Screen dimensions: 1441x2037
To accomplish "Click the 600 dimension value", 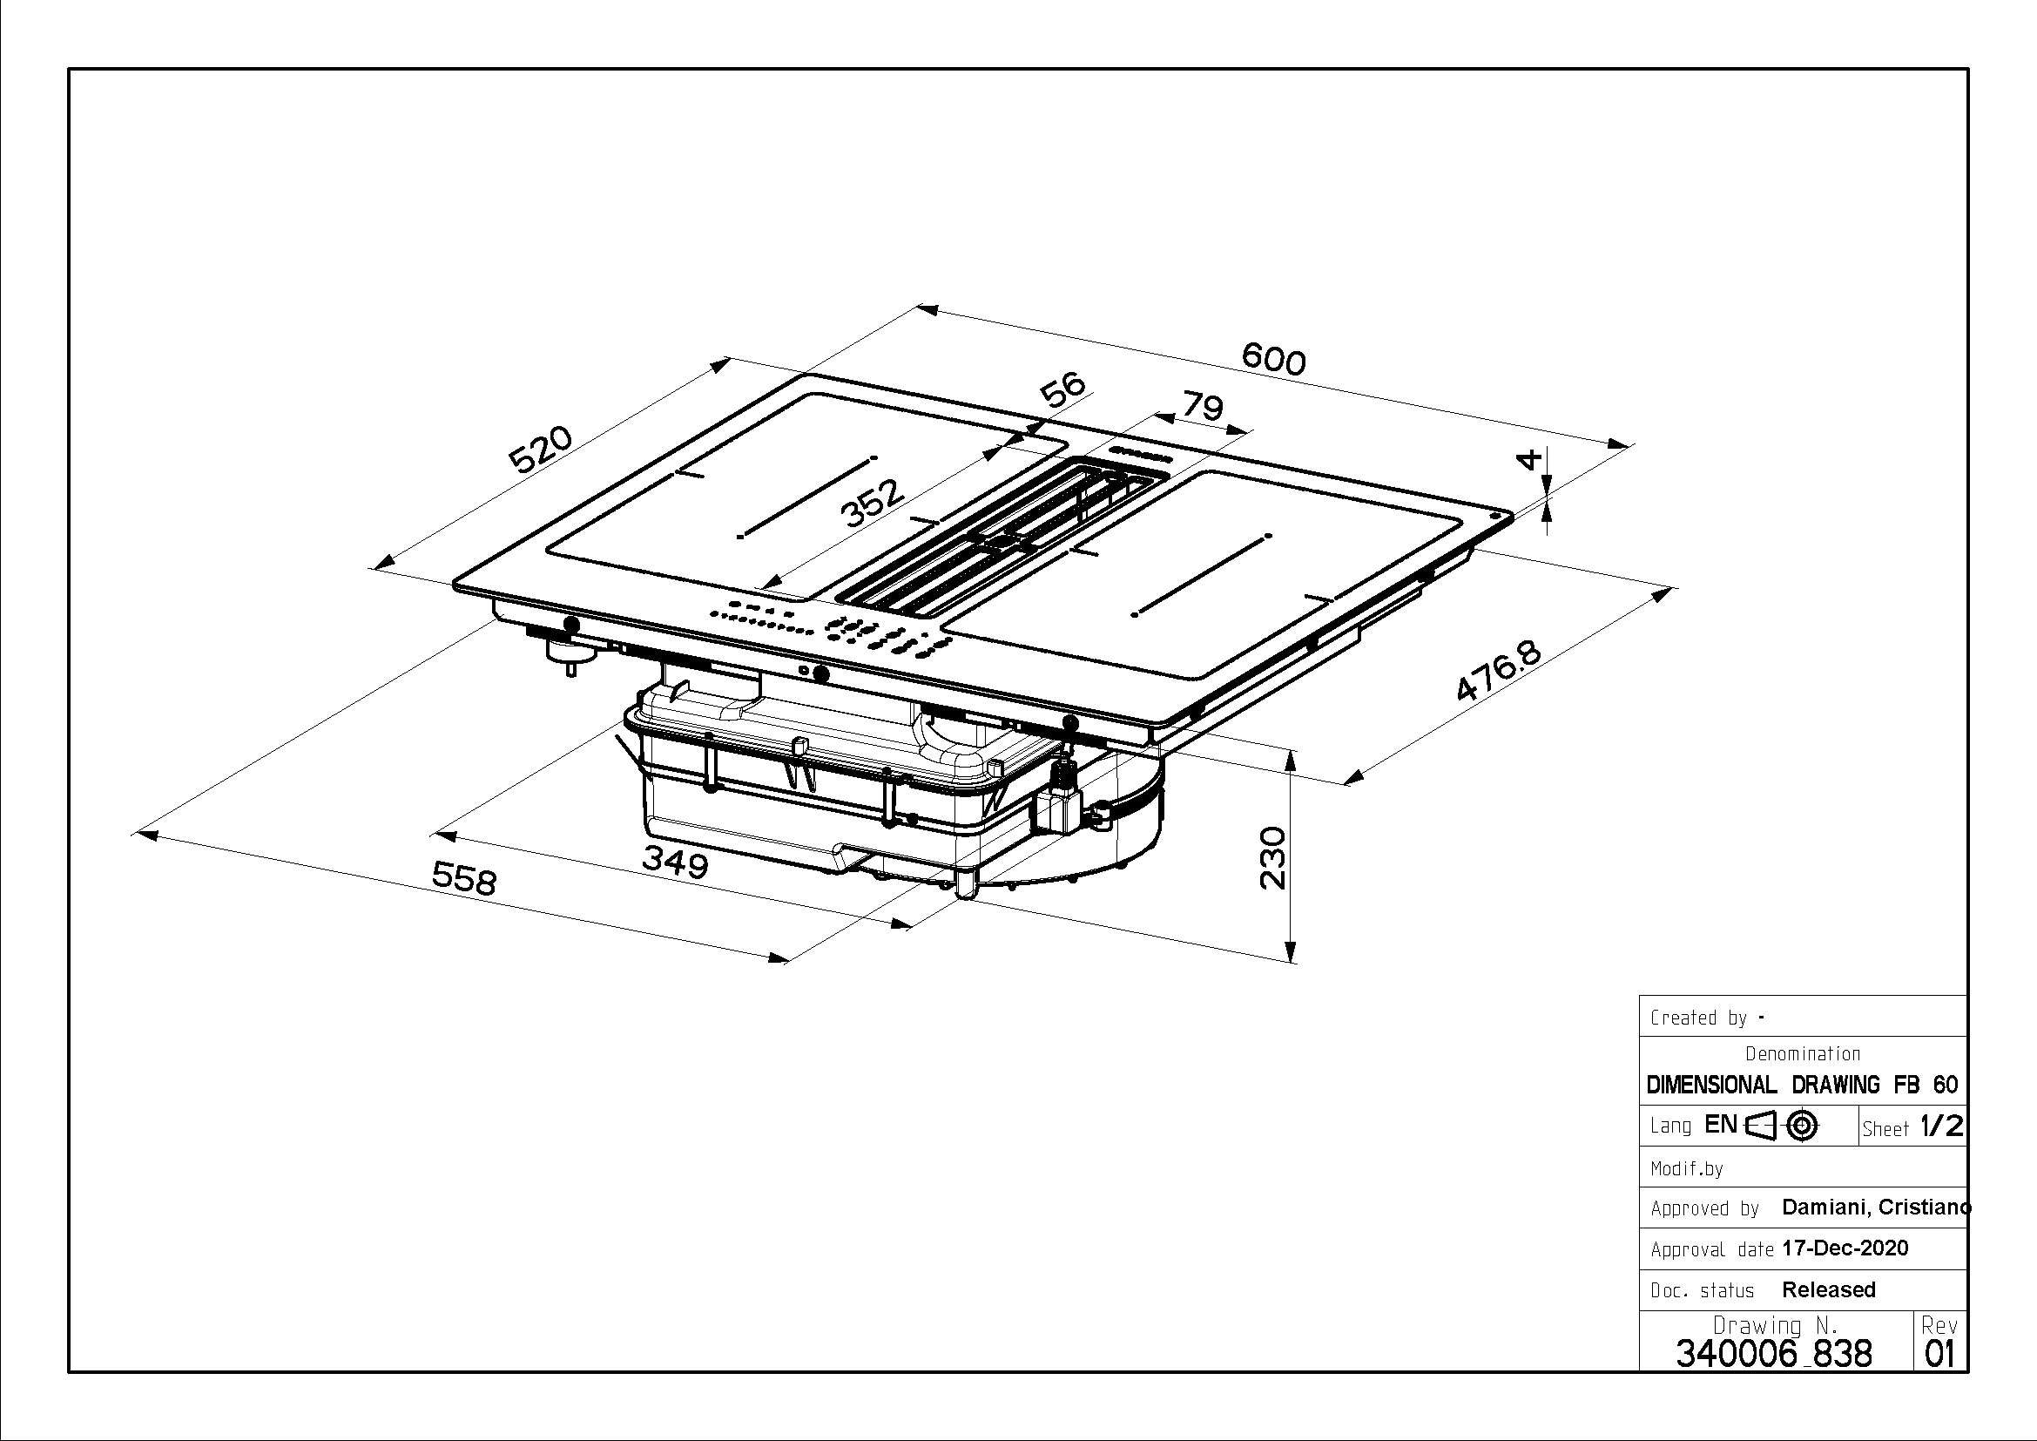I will click(1273, 359).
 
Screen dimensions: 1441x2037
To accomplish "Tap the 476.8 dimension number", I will click(1499, 673).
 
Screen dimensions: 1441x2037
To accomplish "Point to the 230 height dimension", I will click(1272, 857).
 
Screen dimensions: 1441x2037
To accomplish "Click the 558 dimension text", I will click(464, 878).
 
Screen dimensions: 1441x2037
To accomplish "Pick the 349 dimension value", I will click(675, 862).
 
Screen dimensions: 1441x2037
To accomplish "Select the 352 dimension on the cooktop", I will click(871, 503).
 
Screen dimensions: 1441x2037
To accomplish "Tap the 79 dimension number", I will click(1203, 406).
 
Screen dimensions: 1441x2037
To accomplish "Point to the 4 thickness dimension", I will click(1528, 459).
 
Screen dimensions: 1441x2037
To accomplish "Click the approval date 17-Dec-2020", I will click(1845, 1248).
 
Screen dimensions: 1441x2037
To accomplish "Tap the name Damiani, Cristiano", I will click(1876, 1207).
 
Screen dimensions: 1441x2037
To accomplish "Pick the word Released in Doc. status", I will click(1829, 1289).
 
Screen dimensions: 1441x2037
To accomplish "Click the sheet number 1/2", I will click(1941, 1126).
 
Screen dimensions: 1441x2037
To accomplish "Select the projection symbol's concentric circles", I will click(1801, 1126).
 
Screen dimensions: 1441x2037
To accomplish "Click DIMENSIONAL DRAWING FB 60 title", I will click(1802, 1085).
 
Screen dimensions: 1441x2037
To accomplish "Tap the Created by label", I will click(1698, 1018).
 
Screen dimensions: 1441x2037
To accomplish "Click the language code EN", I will click(1720, 1125).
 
